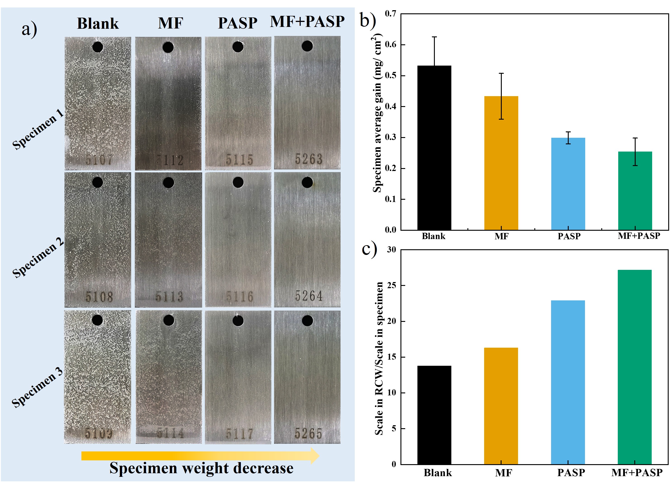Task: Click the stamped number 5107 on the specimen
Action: (x=99, y=160)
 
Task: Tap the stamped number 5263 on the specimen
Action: (x=308, y=159)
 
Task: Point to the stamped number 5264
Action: (x=309, y=296)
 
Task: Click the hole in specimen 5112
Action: (x=168, y=47)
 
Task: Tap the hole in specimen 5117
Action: (x=238, y=321)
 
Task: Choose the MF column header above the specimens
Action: (x=170, y=23)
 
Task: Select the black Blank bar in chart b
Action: (x=434, y=148)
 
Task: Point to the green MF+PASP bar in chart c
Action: (x=634, y=367)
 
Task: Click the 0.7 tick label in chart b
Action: (x=391, y=14)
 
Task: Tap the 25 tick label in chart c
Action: (x=391, y=285)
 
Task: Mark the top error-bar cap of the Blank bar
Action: (x=434, y=37)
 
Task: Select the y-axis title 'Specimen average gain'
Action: (x=378, y=112)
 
